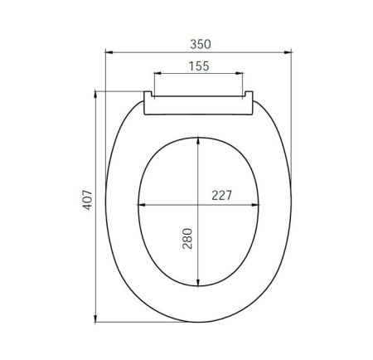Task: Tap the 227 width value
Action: [221, 196]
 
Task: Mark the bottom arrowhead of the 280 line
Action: [199, 287]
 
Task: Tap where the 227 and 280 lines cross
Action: [199, 205]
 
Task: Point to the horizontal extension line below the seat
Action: [141, 321]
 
